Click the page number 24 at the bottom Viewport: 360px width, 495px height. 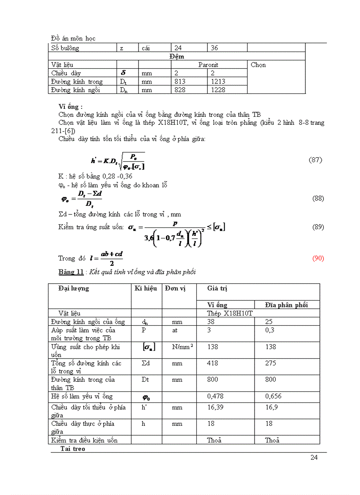pos(314,457)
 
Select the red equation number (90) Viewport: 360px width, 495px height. pos(318,258)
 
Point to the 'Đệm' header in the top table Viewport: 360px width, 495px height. pos(176,56)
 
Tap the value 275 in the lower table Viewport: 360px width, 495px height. pos(270,363)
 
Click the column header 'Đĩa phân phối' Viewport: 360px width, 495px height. pos(286,305)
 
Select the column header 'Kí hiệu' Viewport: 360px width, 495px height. pos(146,288)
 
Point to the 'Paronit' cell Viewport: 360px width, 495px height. pos(208,65)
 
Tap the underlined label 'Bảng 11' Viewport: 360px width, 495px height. pos(71,272)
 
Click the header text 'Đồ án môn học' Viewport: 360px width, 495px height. pos(73,38)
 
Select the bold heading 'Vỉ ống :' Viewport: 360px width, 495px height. pos(70,107)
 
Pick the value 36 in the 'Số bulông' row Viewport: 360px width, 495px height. pos(214,48)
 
